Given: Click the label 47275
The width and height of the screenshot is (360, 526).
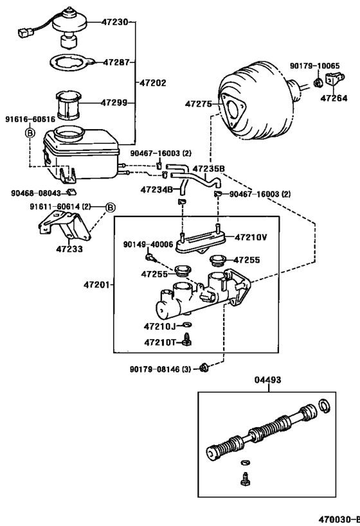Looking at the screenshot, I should pos(199,103).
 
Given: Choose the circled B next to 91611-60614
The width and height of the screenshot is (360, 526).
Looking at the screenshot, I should pos(110,207).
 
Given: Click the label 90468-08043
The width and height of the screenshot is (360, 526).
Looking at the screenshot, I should pos(35,193).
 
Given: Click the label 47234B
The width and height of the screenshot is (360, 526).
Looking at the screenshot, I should pos(157,189).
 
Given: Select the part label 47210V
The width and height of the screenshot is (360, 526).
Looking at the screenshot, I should pos(249,237).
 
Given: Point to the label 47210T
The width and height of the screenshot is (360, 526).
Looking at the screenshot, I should pos(160,342).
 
